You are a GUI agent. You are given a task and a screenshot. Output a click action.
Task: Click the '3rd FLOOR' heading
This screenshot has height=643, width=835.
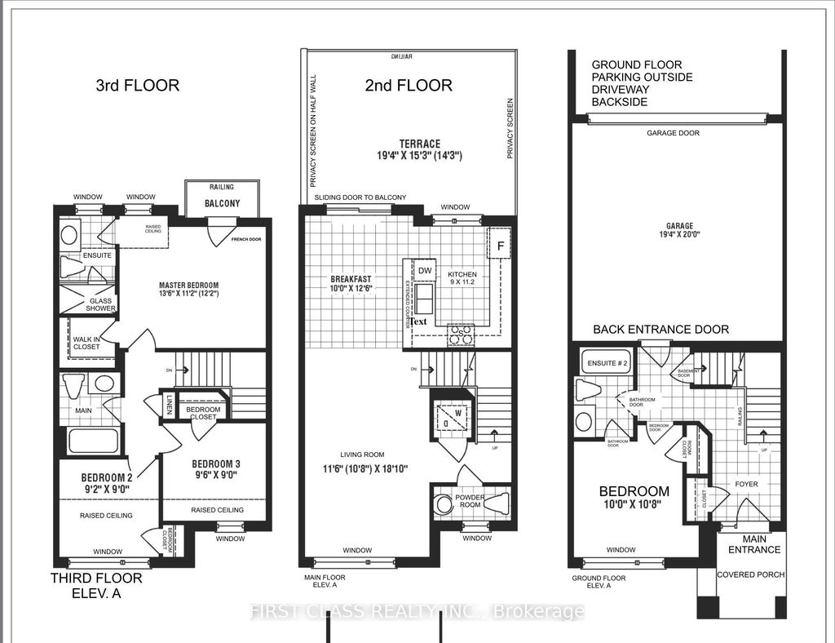coord(137,85)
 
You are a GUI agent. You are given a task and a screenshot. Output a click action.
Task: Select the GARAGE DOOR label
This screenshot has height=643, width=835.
coord(673,133)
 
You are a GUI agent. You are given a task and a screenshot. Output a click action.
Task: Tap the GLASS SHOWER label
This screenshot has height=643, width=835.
coord(102,304)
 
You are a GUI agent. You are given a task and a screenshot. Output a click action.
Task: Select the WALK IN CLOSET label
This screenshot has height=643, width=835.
coord(86,344)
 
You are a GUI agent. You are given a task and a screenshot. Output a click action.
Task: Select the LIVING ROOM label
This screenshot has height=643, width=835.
coord(363,455)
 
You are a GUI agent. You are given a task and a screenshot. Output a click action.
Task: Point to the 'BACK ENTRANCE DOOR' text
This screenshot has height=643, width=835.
coord(660,329)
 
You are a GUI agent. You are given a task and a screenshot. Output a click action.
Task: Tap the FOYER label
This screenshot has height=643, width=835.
coord(746,484)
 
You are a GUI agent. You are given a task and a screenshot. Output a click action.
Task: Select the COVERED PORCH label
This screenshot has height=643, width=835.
coord(750,574)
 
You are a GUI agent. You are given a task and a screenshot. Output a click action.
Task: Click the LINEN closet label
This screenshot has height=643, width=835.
coord(169,404)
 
